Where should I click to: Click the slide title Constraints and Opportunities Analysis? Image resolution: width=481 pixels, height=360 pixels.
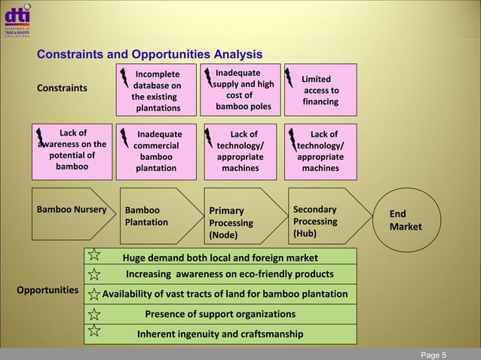click(149, 55)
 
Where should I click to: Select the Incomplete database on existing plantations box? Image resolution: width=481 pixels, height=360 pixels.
click(157, 91)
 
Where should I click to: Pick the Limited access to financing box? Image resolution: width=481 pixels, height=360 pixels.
click(320, 90)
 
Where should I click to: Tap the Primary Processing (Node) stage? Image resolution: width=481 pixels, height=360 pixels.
click(242, 215)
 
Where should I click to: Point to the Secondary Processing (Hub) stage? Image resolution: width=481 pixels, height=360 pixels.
click(325, 215)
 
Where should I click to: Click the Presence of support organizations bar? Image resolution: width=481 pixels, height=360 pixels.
click(220, 313)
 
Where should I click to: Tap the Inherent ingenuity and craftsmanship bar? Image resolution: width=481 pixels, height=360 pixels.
click(220, 334)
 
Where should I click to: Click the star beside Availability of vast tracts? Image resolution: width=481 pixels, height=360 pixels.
click(93, 294)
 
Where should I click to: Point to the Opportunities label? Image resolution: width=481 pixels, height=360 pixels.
click(48, 289)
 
